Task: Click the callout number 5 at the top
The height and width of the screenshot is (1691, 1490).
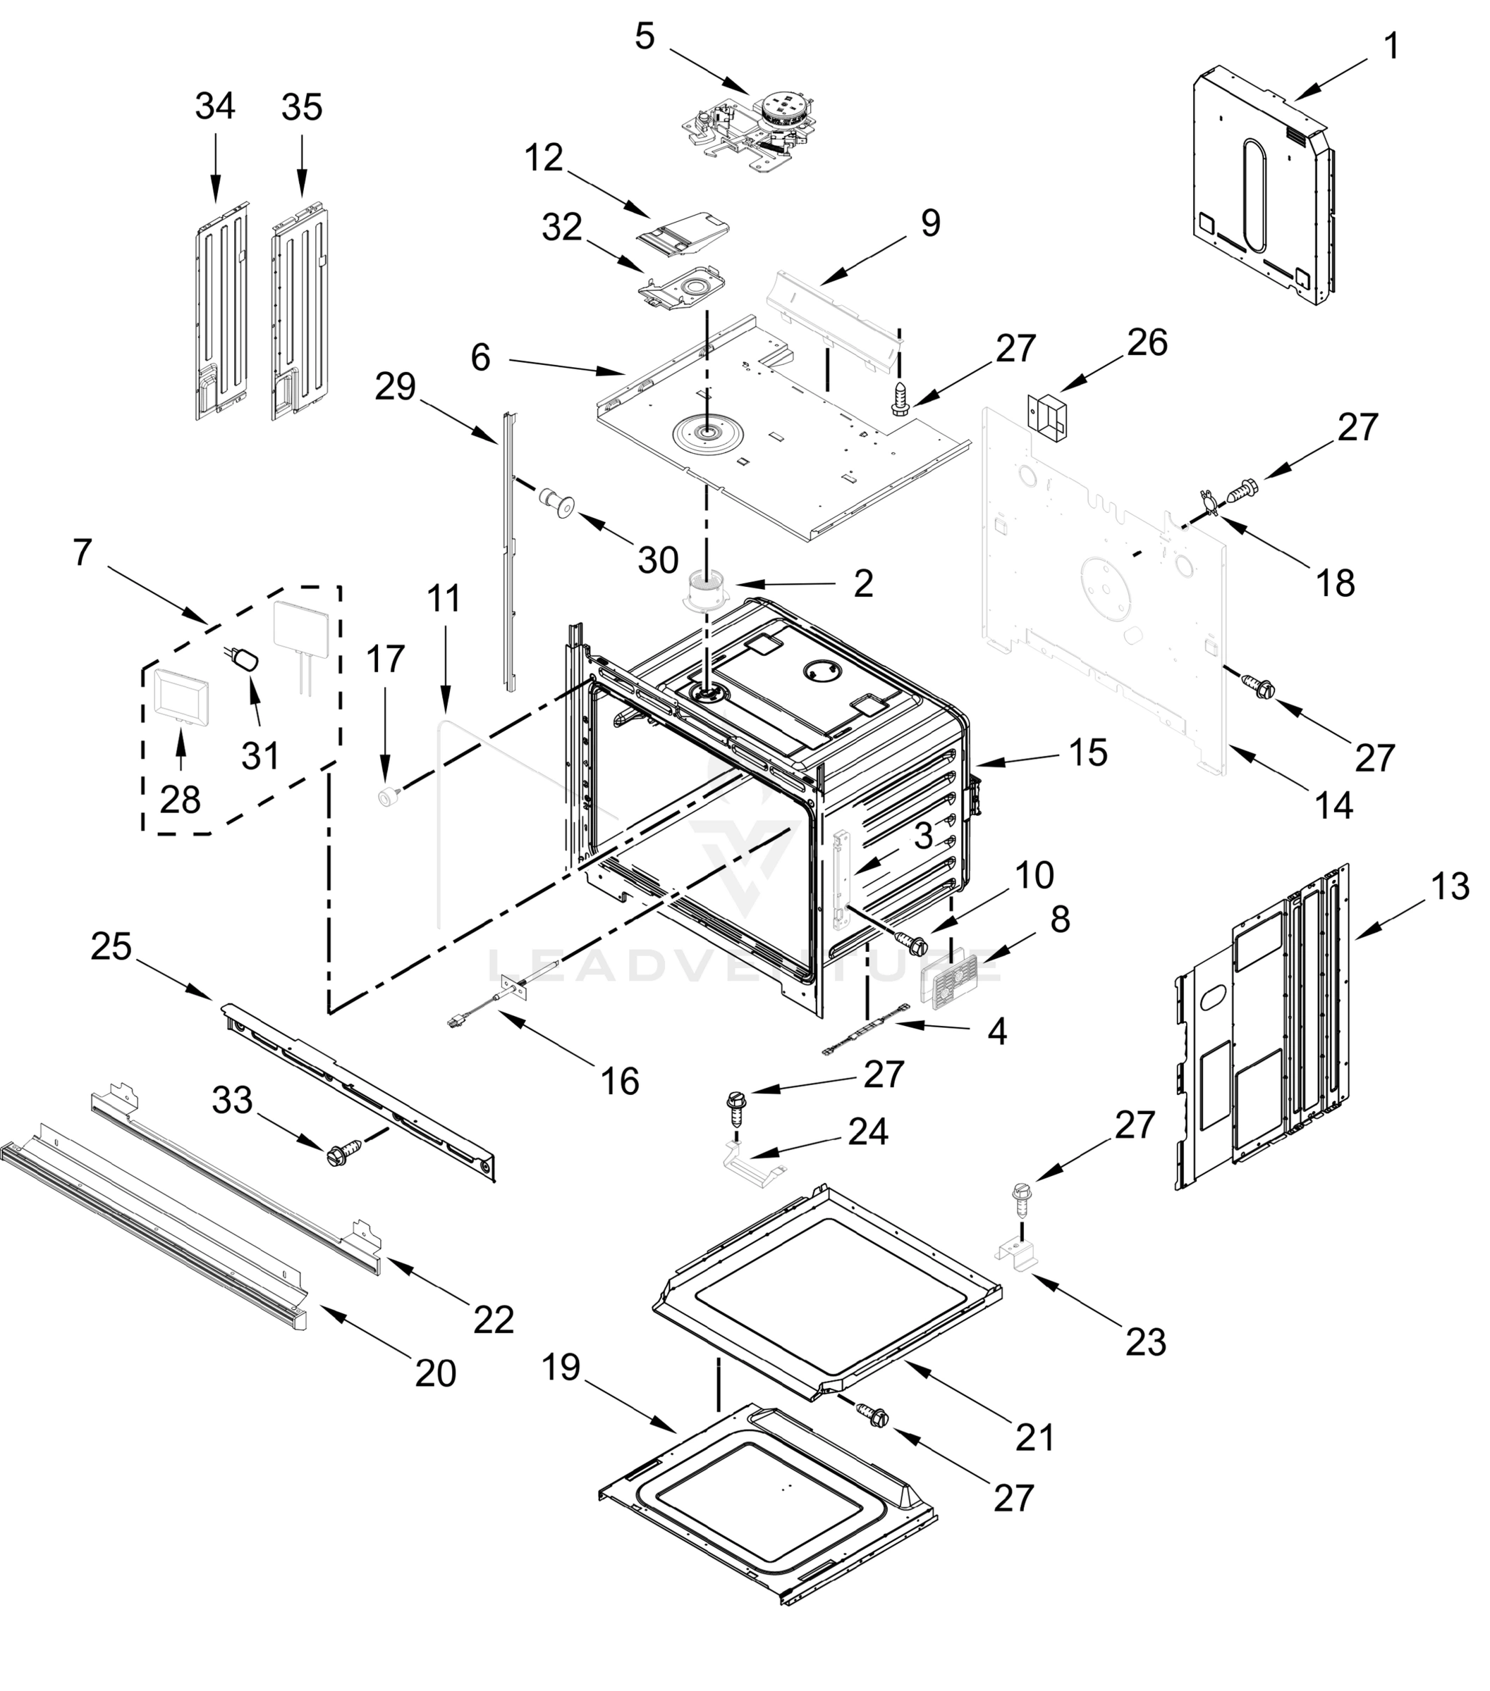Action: [645, 37]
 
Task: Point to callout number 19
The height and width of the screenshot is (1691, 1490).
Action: [561, 1367]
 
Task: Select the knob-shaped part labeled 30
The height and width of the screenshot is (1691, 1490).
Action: [556, 503]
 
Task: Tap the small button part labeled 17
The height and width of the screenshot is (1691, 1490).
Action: [386, 797]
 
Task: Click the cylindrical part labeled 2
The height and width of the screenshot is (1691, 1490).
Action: [706, 590]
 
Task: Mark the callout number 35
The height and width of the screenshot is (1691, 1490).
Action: [301, 108]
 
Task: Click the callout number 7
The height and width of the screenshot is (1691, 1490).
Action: [81, 552]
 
